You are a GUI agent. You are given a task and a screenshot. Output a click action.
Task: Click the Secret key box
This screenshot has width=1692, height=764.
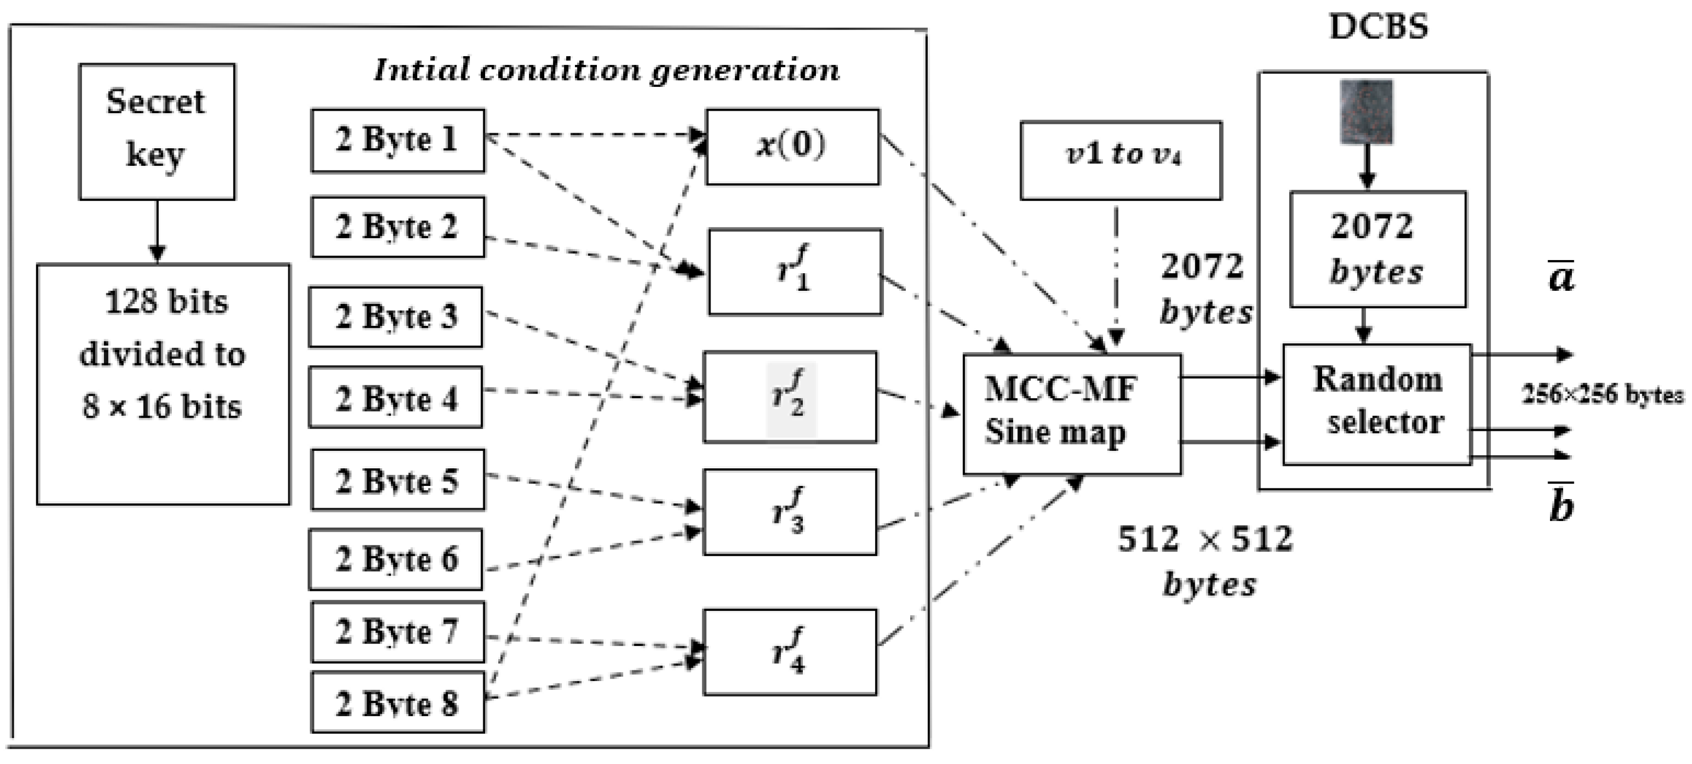pos(156,131)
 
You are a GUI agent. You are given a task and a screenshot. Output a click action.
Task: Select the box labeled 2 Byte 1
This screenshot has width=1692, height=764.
pos(397,141)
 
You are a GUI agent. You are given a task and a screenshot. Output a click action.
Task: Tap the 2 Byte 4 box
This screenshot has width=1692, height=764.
pos(395,398)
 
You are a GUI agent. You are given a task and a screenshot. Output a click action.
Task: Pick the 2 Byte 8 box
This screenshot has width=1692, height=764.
pos(397,703)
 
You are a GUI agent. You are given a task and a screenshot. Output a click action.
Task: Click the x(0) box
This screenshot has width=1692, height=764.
pos(792,146)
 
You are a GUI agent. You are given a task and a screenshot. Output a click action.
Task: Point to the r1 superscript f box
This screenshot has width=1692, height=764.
pos(795,271)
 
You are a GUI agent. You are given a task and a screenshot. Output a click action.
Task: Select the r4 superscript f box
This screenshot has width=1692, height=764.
pos(790,652)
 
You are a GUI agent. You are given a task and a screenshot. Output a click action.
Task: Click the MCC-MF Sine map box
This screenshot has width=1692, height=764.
pos(1071,414)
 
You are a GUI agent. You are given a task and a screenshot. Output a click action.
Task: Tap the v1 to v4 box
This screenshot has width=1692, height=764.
pos(1121,160)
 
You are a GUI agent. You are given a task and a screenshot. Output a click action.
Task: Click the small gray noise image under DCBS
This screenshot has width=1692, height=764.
pos(1366,111)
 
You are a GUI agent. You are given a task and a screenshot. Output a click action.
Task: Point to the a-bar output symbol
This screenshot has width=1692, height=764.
pos(1561,276)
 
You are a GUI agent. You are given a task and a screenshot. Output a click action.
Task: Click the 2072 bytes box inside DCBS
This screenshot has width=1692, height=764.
pos(1377,249)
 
